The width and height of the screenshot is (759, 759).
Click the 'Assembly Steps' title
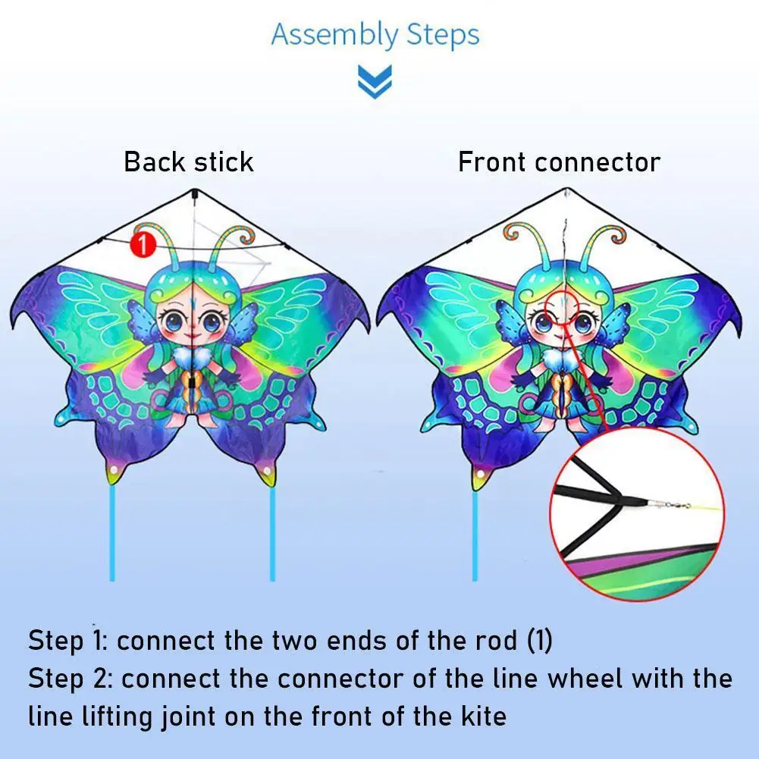(375, 36)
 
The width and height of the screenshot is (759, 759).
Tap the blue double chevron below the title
(375, 81)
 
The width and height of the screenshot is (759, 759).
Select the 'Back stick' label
(189, 162)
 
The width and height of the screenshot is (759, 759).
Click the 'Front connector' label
(559, 162)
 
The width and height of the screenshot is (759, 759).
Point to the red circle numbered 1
(142, 243)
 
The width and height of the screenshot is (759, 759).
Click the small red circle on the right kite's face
(562, 306)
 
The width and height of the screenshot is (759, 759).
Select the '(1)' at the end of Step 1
(539, 641)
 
